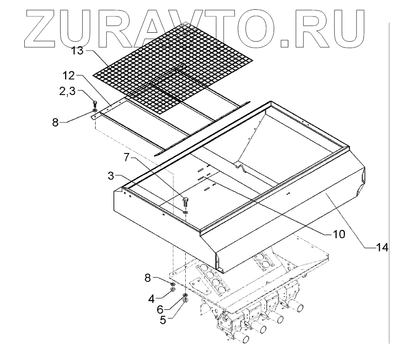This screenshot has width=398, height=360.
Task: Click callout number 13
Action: coord(78,52)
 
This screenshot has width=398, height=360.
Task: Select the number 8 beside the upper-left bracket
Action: coord(55,123)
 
